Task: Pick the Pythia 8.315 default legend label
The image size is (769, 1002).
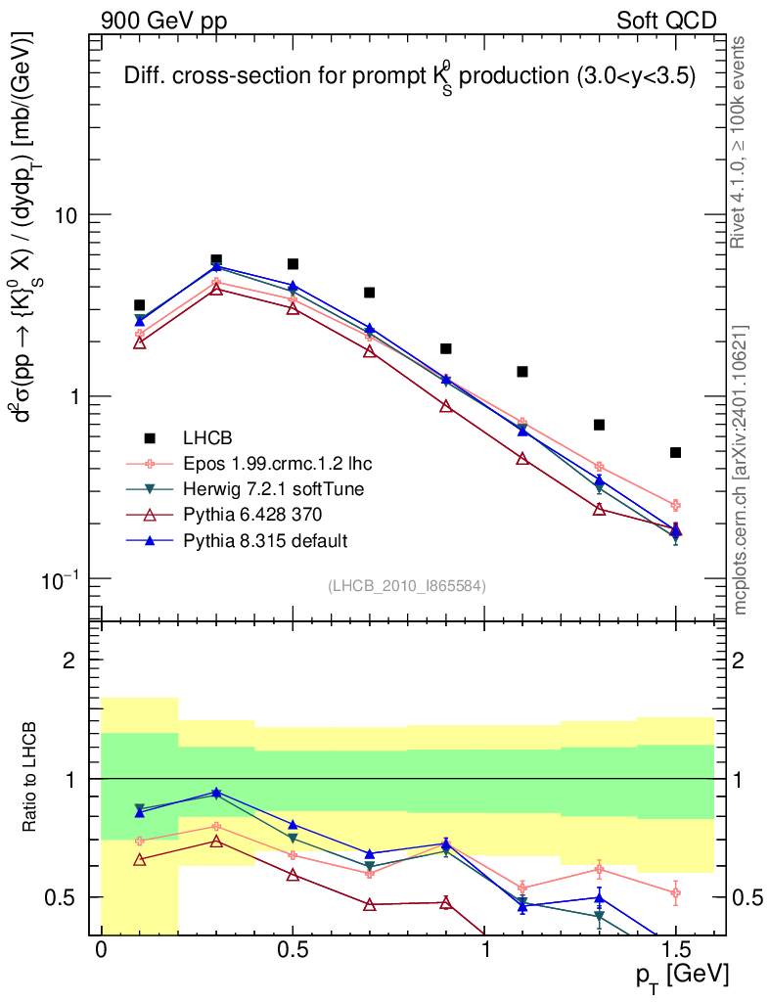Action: point(263,539)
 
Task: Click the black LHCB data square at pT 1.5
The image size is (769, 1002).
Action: point(675,452)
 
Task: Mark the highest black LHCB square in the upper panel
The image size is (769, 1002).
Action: point(216,259)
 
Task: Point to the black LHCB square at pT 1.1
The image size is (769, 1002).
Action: point(522,372)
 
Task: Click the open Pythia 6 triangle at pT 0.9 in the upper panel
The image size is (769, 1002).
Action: point(446,406)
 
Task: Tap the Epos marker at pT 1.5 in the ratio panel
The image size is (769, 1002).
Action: point(675,892)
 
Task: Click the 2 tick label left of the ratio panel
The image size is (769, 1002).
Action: point(69,660)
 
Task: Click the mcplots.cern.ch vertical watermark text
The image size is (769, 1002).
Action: point(741,470)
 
